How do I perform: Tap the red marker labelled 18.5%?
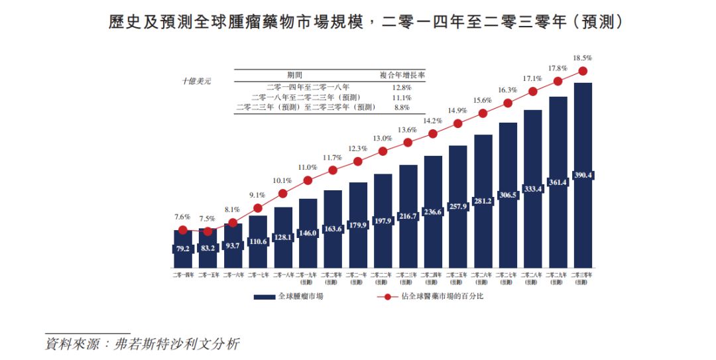[x=583, y=71]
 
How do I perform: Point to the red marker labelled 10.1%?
[x=283, y=194]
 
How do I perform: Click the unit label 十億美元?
[x=197, y=81]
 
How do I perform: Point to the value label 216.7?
[x=408, y=216]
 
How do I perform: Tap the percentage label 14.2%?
[x=433, y=121]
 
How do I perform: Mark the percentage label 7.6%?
[x=182, y=217]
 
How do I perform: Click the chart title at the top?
[x=366, y=21]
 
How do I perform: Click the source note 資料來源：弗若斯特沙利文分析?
[x=141, y=345]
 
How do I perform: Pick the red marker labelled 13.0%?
[x=383, y=152]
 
